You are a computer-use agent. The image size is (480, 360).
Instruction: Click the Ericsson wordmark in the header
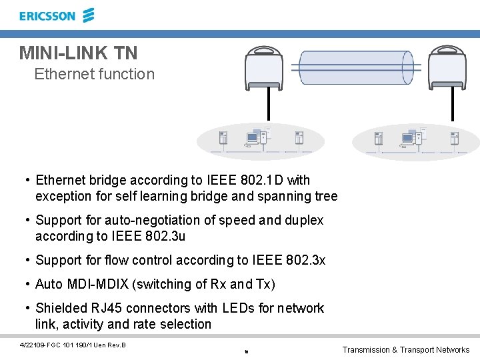47,16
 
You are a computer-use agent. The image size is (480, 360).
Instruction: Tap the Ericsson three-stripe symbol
88,15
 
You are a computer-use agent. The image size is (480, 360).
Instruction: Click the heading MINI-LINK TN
79,53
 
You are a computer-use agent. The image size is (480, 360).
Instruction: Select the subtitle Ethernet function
94,74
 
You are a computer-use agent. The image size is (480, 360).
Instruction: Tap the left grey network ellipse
261,141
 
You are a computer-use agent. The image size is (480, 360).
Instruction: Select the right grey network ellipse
415,142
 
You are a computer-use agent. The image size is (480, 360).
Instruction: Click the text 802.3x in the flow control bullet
305,260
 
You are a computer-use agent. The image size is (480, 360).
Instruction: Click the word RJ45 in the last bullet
107,308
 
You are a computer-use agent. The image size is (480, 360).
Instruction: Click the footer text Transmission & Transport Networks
405,349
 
